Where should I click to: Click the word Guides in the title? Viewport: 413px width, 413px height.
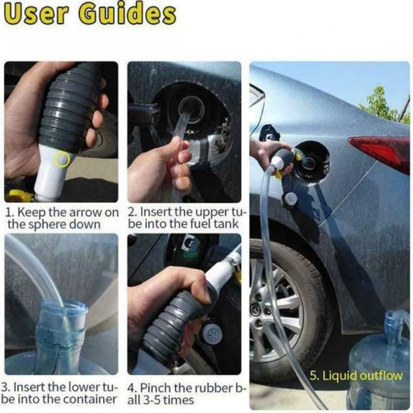point(128,14)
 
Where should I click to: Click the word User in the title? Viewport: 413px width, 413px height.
point(37,14)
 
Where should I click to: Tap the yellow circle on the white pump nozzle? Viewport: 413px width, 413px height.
point(61,159)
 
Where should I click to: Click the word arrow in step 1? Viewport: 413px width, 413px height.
point(85,213)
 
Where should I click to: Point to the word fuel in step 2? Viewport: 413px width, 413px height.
point(202,224)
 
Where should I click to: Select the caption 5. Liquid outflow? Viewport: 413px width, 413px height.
point(356,376)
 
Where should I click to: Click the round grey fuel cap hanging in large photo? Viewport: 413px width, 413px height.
point(290,198)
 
